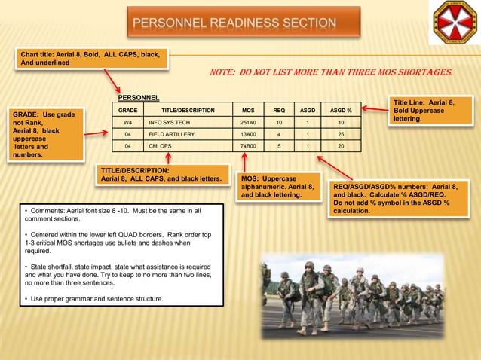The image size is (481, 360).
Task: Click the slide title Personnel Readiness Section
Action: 234,23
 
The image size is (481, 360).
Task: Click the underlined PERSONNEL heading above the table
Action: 139,98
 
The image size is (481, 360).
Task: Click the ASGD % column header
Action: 341,110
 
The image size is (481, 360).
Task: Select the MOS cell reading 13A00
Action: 248,133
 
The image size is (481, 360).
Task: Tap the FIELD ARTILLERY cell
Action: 171,133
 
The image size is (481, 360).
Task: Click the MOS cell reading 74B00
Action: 248,145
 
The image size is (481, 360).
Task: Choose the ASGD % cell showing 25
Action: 341,133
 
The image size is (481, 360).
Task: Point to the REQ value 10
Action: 279,121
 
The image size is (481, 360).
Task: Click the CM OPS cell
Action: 160,145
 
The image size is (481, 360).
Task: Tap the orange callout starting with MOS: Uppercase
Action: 277,186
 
